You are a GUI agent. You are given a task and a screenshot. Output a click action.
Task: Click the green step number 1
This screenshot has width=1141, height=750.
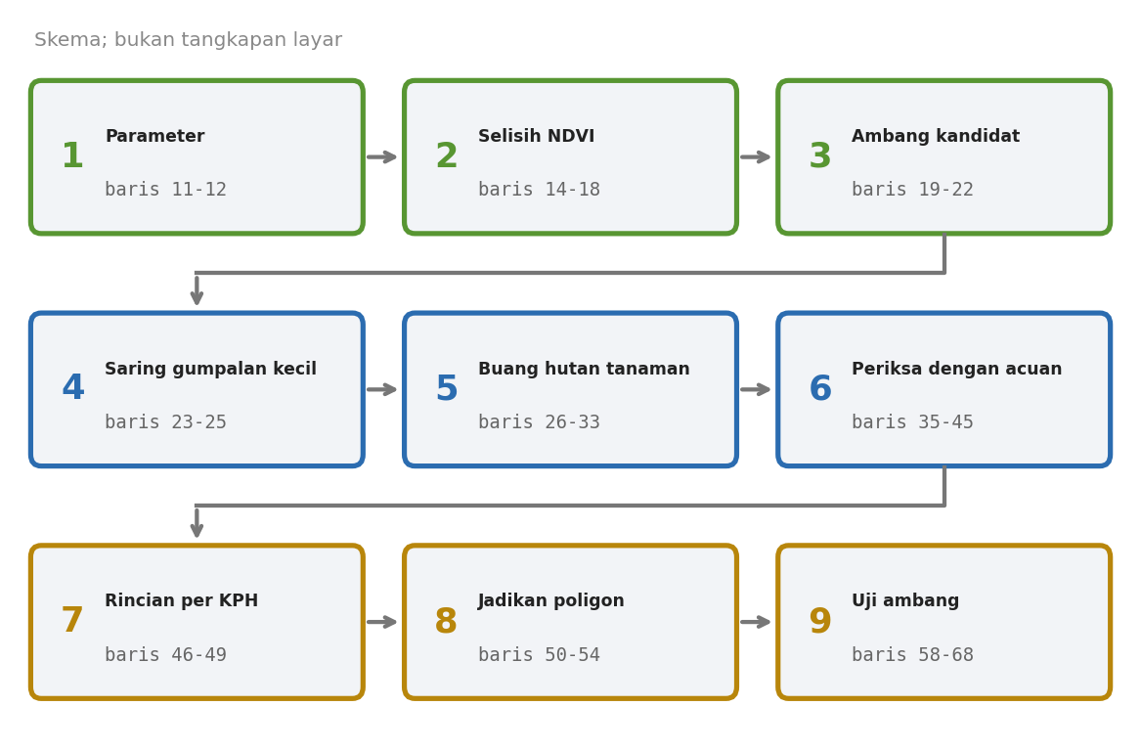click(72, 156)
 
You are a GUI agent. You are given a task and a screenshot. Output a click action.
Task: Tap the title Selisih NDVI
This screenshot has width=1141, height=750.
click(537, 136)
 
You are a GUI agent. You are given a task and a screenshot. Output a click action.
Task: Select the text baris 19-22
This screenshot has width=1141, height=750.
click(912, 190)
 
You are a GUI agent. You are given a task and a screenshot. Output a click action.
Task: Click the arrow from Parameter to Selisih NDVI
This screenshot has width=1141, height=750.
click(382, 157)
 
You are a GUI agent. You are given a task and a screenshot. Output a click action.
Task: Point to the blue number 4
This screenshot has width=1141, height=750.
click(72, 388)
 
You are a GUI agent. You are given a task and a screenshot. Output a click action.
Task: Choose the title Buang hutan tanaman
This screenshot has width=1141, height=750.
click(584, 369)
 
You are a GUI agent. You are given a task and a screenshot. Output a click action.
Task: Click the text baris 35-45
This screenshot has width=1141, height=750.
click(912, 422)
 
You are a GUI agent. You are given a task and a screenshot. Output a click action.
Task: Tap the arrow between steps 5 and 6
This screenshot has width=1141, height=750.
click(756, 389)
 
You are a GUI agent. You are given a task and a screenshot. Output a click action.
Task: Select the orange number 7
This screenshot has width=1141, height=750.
click(72, 621)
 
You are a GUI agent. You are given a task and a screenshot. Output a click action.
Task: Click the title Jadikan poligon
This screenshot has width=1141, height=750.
click(550, 600)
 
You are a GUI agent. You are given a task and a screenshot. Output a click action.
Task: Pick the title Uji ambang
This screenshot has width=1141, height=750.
click(905, 600)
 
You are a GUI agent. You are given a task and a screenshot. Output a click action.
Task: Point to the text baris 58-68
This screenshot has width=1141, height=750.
click(912, 655)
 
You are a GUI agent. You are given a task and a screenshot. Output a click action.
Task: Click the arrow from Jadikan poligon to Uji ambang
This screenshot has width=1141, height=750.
click(756, 622)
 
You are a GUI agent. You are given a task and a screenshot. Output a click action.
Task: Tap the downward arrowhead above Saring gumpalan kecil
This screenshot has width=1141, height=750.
click(197, 297)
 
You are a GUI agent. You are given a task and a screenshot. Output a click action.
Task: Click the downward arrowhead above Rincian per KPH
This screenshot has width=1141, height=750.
click(197, 530)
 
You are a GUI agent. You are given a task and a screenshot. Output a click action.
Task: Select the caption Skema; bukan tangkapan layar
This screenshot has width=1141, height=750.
click(188, 40)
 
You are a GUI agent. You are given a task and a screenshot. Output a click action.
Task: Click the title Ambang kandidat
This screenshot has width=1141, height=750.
click(935, 136)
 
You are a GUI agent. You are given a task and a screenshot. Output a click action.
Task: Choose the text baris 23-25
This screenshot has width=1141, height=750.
click(165, 422)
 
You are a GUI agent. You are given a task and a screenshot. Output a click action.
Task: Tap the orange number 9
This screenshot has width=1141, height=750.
click(820, 621)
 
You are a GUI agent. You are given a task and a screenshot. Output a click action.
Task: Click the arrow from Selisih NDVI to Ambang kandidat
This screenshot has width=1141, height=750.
click(756, 157)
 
